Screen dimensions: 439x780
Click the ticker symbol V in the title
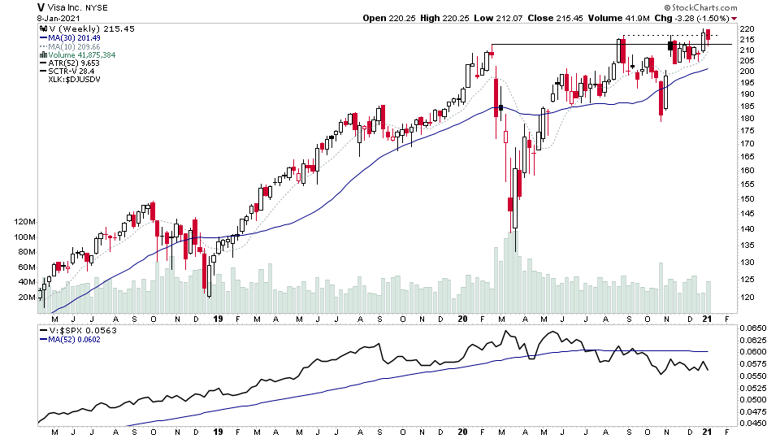(x=40, y=7)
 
